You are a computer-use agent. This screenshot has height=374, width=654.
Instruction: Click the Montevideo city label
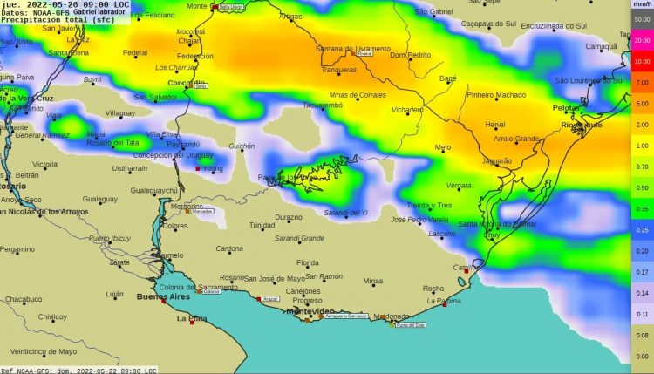coord(311,311)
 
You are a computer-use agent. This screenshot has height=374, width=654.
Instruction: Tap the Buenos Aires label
coord(163,297)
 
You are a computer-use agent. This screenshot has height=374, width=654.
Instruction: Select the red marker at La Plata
coord(192,323)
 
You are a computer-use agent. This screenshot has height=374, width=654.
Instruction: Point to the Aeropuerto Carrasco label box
coord(346,316)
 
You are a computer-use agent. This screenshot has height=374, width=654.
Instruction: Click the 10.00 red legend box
coord(642,61)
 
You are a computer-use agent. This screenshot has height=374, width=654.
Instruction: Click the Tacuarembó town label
coord(323,105)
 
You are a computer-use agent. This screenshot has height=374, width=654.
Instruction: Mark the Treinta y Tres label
coord(429,205)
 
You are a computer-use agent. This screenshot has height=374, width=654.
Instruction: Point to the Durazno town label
coord(289,217)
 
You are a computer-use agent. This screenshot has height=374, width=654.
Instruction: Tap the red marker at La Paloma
coord(444,305)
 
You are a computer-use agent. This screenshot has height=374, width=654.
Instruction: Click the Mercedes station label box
coord(202,211)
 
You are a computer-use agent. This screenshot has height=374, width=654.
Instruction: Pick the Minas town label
coord(372,281)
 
